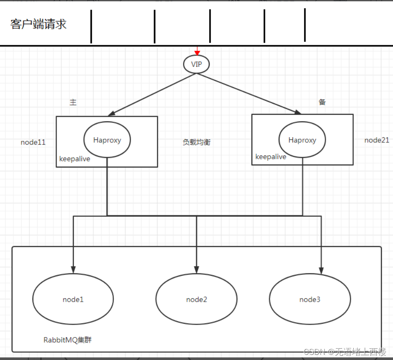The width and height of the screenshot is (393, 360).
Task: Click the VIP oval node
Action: pos(196,64)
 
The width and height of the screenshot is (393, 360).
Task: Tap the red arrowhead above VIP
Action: pos(197,53)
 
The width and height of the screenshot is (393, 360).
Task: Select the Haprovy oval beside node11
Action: pos(107,140)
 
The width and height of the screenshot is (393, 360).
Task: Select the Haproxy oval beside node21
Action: pos(302,140)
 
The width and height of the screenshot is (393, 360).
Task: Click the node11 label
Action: pos(33,142)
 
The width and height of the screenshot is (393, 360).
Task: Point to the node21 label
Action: pos(377,140)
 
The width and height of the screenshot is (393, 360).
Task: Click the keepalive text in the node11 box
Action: pos(75,159)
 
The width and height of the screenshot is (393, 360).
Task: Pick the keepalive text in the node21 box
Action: pos(270,157)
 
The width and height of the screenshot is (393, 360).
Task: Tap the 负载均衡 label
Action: pos(196,142)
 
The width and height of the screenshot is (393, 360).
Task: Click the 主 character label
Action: pos(73,102)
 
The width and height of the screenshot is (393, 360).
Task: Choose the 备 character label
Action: pos(322,102)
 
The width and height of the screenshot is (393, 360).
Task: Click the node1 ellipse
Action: pos(73,299)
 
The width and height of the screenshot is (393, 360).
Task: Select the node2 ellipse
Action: pos(196,299)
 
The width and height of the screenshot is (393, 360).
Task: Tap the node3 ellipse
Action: pos(310,299)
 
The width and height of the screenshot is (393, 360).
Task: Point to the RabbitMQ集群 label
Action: pos(67,340)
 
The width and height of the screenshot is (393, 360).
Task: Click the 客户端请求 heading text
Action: pos(38,24)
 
